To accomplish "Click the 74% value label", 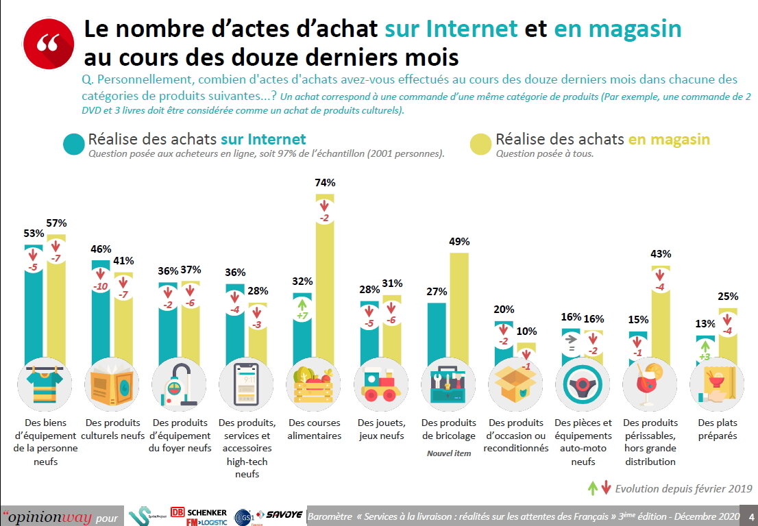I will point(325,183).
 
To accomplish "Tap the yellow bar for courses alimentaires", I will point(325,288).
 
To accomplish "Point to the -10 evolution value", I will point(101,286).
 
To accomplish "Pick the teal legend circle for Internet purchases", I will point(73,143).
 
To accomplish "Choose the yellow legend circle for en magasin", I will point(480,143).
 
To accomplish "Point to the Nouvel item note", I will point(449,453).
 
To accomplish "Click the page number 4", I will point(751,516).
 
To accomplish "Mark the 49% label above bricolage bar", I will point(459,241).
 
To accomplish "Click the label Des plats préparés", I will point(717,429).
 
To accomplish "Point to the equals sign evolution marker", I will point(571,349).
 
